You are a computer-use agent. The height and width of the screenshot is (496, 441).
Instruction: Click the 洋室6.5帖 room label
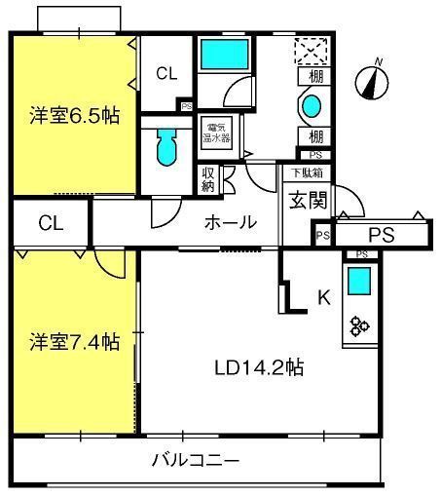[x=73, y=115]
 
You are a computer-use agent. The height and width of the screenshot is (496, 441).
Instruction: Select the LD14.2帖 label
[x=260, y=367]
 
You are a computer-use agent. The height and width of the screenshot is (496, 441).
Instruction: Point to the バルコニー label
[x=195, y=459]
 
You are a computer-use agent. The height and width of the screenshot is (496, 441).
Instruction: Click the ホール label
[x=230, y=222]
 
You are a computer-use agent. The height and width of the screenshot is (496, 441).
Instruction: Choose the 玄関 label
[x=299, y=202]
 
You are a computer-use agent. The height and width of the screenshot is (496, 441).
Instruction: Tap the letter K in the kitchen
[x=324, y=298]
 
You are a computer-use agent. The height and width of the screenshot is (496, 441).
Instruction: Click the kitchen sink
[x=359, y=282]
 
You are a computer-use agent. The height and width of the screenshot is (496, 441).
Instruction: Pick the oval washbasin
[x=312, y=105]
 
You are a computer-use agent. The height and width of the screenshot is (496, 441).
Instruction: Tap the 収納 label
[x=208, y=180]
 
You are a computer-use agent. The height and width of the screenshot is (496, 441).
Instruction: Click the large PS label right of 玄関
[x=381, y=235]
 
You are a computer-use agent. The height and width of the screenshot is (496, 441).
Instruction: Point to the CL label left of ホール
[x=51, y=223]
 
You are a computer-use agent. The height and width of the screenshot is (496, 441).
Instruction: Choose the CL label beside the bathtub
[x=166, y=72]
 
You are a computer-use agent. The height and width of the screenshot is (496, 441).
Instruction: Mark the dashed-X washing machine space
[x=313, y=50]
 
